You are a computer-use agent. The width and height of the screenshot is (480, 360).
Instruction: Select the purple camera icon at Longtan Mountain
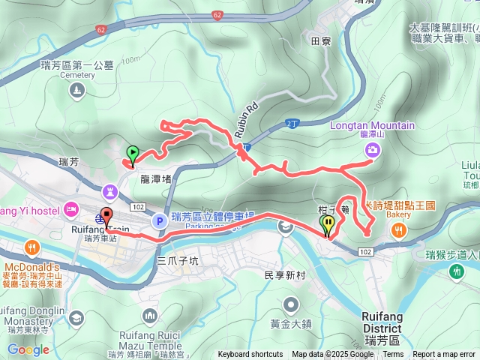point(373,150)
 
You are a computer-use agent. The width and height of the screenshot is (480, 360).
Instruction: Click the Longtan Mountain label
point(372,125)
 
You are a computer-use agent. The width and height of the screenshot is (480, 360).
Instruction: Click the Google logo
point(28,349)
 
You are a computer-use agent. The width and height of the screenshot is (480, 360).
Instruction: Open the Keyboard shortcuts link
point(250,355)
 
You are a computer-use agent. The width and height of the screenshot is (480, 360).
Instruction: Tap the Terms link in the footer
point(393,355)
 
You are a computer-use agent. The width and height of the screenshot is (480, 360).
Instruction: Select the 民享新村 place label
point(285,275)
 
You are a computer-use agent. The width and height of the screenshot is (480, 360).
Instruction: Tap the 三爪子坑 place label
point(178,261)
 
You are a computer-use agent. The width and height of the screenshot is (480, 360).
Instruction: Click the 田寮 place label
point(320,43)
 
